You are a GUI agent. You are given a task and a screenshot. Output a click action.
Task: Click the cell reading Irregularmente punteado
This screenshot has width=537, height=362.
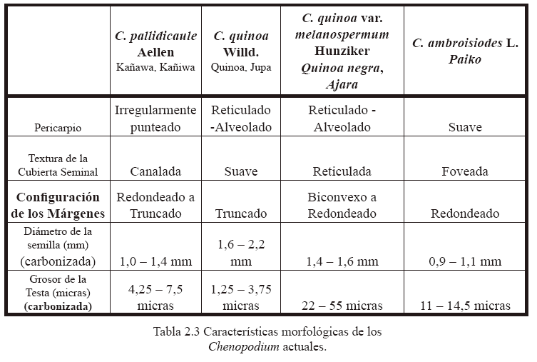click(155, 119)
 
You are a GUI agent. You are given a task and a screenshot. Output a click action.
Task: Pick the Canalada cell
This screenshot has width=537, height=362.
click(155, 171)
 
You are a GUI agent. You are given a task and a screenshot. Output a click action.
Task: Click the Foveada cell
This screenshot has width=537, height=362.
click(465, 171)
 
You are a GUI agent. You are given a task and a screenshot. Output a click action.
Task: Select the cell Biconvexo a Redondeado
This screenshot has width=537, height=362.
click(342, 205)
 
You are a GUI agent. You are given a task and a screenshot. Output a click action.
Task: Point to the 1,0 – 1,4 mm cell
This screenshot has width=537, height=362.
click(155, 261)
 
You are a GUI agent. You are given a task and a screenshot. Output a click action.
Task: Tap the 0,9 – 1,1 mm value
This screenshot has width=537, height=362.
click(465, 261)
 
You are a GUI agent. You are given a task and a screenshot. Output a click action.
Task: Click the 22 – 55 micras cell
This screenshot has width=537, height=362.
click(342, 306)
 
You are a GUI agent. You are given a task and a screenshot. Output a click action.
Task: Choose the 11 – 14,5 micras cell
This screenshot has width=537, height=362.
click(465, 306)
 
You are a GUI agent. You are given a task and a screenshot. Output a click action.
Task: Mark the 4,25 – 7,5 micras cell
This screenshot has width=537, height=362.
click(155, 298)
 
